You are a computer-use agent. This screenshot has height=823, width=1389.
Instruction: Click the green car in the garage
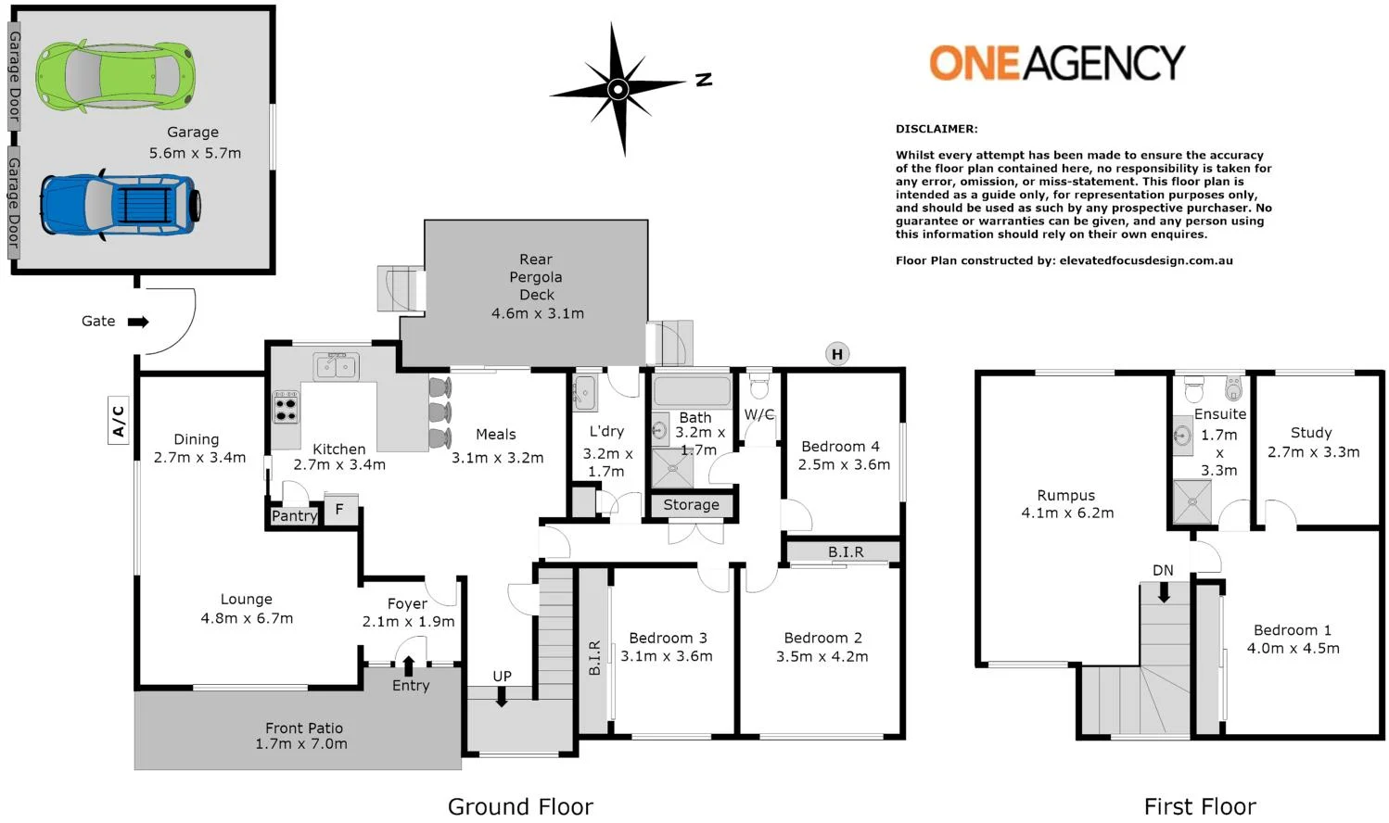click(115, 75)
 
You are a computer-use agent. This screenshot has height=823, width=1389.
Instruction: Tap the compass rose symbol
click(618, 90)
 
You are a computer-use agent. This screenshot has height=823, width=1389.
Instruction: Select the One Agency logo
click(1056, 63)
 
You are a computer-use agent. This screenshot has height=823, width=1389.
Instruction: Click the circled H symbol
click(837, 354)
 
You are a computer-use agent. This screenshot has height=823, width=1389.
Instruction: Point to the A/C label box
click(119, 420)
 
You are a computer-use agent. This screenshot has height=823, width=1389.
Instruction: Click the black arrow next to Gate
click(138, 322)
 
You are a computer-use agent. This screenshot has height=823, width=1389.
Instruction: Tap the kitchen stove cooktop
click(286, 407)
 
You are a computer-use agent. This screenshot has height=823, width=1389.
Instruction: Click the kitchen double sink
click(336, 367)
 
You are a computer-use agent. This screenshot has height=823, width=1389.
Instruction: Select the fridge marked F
click(340, 510)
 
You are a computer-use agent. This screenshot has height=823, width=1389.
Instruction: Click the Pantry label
click(294, 516)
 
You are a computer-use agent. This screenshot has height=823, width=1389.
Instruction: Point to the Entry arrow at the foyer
click(409, 665)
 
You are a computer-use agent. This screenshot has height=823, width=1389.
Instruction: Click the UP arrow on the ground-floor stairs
click(502, 697)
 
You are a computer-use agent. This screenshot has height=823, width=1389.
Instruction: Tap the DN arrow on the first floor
click(1164, 591)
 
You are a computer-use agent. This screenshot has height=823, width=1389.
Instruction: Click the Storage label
click(691, 505)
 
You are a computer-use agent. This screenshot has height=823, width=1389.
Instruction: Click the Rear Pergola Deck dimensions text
click(537, 313)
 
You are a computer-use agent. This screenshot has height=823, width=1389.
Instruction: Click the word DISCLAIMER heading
click(937, 129)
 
